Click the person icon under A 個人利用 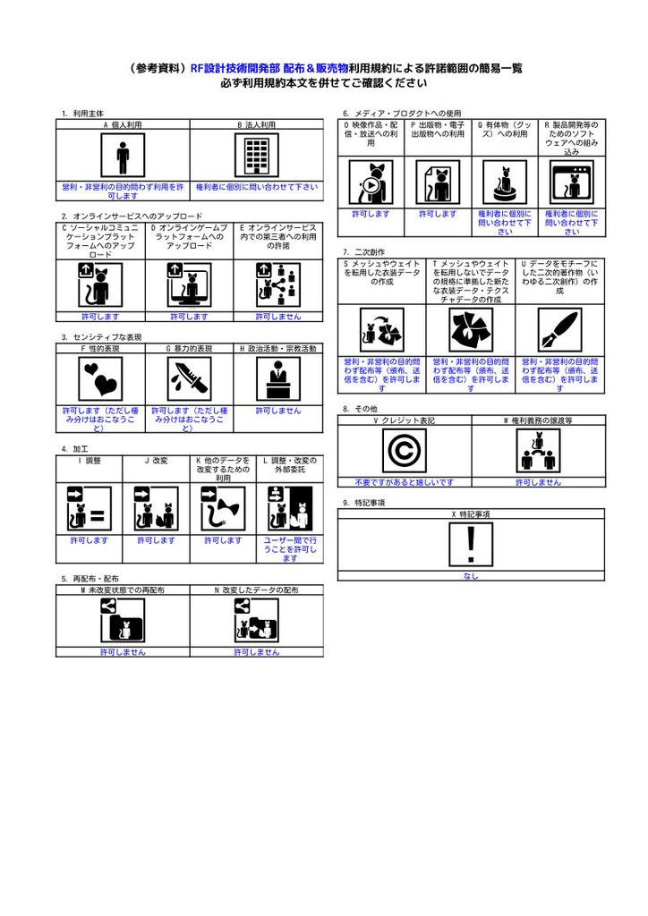[x=123, y=157]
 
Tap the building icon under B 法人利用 [x=256, y=157]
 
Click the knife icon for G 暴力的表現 [x=189, y=379]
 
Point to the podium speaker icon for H [x=277, y=379]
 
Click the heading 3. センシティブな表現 [x=101, y=337]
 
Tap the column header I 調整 [x=90, y=460]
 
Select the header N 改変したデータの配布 [x=256, y=590]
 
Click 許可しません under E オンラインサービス [x=277, y=317]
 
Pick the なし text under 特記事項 [x=471, y=576]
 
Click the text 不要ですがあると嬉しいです [x=404, y=482]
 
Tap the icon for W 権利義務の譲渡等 [x=537, y=452]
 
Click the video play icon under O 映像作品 [x=370, y=183]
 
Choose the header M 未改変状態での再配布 [x=123, y=590]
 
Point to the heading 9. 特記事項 [x=363, y=504]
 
